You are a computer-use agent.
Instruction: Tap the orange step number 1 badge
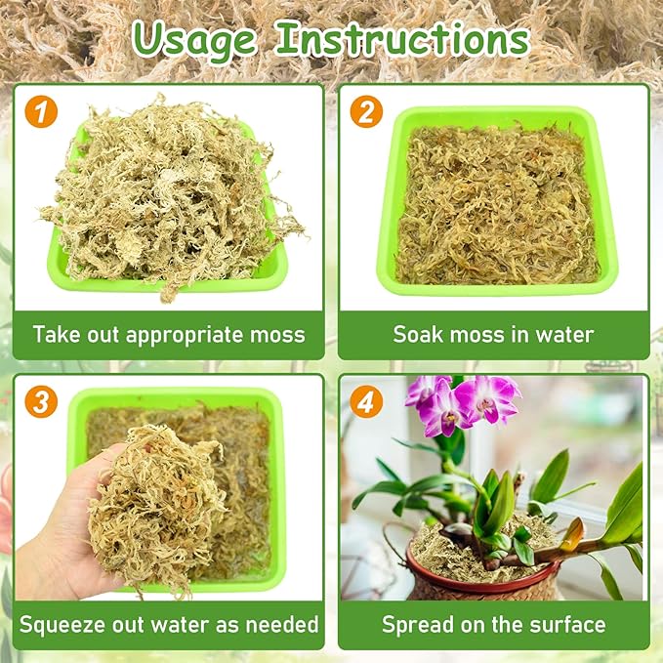point(42,111)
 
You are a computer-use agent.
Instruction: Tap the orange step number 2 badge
point(365,111)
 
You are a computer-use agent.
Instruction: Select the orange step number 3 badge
point(42,401)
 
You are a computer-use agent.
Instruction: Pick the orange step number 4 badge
point(365,401)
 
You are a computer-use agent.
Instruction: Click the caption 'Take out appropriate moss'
point(169,335)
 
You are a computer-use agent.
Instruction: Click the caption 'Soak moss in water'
point(493,335)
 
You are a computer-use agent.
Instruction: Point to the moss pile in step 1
point(166,195)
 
